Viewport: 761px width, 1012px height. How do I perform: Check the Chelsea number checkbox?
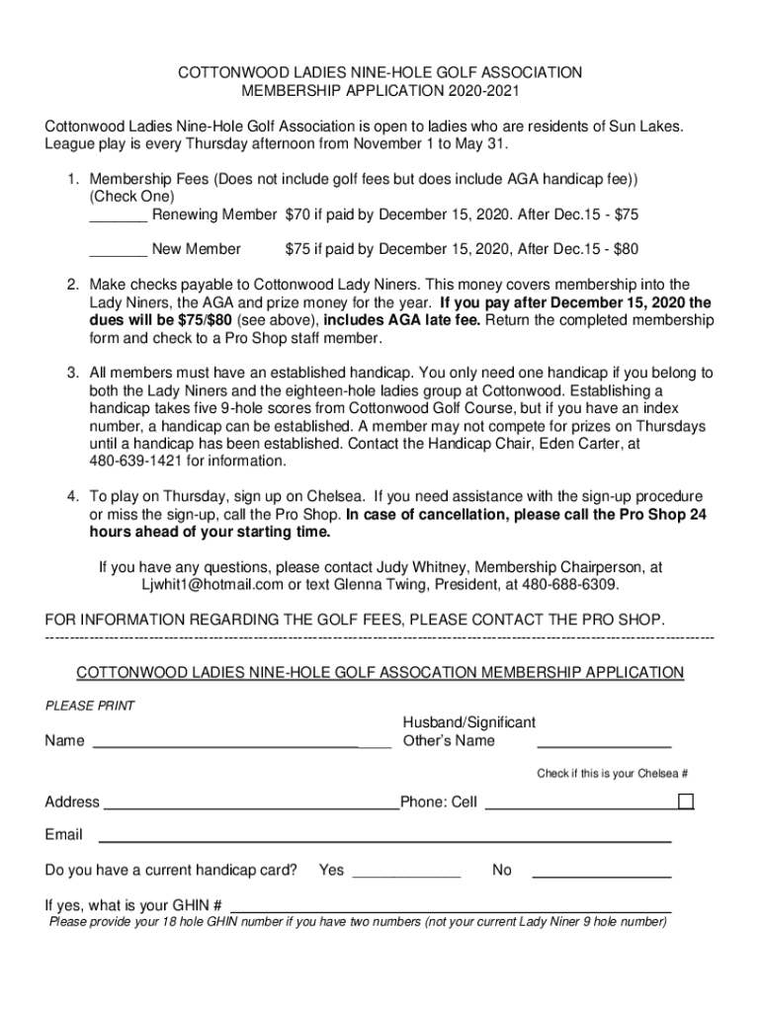coord(685,801)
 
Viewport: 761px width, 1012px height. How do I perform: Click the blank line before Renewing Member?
coord(118,215)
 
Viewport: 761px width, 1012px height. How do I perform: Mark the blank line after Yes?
coord(405,874)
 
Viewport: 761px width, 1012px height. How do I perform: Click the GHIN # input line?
coord(450,907)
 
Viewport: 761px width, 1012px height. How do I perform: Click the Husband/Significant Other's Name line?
coord(603,744)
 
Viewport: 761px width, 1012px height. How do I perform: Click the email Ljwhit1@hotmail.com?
coord(212,585)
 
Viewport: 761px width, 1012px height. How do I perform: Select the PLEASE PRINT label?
coord(90,706)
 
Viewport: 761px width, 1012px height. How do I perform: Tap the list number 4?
coord(73,496)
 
